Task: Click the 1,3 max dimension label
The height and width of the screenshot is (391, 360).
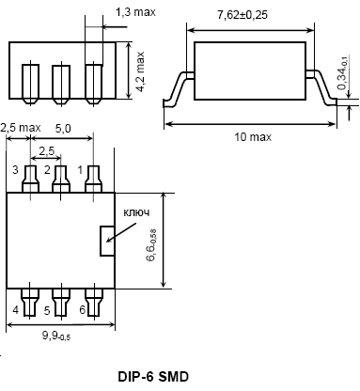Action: [x=135, y=12]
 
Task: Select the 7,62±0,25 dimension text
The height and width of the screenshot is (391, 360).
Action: [x=243, y=15]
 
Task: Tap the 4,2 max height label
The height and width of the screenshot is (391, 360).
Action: [x=140, y=71]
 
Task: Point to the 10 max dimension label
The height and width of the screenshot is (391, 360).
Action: [x=253, y=137]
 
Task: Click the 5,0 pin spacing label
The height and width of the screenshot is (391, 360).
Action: [x=63, y=129]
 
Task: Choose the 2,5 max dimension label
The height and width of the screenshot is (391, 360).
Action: [x=21, y=128]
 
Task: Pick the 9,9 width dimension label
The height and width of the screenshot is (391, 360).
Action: [x=56, y=336]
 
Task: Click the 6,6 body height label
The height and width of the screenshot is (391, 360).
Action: [x=151, y=245]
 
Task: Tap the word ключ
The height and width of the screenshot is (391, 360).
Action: [x=136, y=212]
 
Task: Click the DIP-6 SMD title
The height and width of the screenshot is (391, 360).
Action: [x=153, y=376]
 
